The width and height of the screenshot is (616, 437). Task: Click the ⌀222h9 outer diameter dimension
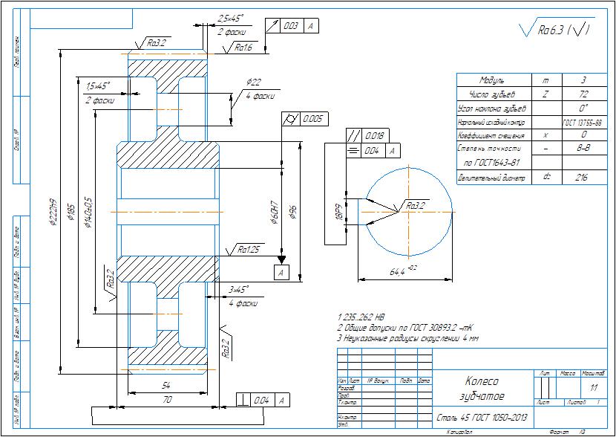coord(54,213)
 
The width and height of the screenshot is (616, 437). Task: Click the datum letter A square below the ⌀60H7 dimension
coord(281,273)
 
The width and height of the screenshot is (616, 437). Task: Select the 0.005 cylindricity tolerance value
coord(312,119)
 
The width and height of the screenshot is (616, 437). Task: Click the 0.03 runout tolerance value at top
coord(290,26)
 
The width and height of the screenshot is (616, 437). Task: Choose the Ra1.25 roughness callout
coord(247,250)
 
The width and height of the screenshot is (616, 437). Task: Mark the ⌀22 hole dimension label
coord(254,82)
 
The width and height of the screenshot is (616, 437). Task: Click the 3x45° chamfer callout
coord(239,289)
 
